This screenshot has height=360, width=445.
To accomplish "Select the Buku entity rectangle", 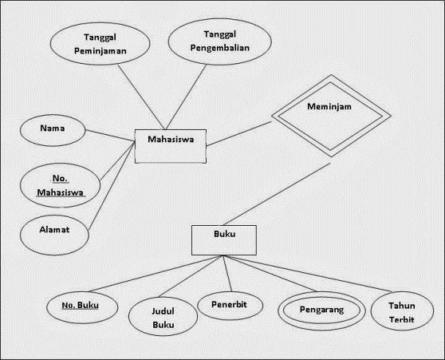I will point(224,237).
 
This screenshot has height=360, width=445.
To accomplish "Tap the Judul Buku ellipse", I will point(163,318).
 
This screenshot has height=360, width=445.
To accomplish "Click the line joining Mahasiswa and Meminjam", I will point(237,135).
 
